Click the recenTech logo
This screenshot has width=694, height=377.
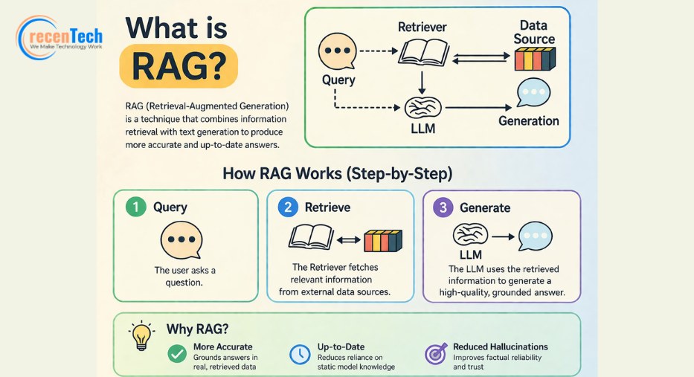coord(60,38)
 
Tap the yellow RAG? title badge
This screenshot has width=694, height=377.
coord(179,66)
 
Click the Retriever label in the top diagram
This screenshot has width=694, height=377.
coord(422,27)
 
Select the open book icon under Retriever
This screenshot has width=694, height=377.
coord(423,52)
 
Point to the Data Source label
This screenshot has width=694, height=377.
coord(534,32)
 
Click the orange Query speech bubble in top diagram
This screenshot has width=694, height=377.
coord(337,51)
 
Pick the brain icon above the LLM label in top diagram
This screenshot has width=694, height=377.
coord(422,108)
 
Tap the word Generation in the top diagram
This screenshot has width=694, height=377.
coord(528,120)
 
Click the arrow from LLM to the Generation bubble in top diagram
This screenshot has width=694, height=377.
coord(478,108)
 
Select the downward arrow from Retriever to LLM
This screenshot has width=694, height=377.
coord(422,83)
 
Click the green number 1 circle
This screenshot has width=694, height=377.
coord(136,207)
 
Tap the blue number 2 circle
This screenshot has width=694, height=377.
coord(288,207)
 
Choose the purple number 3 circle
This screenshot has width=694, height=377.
coord(443,207)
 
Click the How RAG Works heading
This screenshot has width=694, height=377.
coord(337,173)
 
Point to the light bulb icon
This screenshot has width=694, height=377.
coord(141,335)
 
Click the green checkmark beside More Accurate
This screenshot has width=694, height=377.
coord(177,353)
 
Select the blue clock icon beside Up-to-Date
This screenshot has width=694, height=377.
coord(300,355)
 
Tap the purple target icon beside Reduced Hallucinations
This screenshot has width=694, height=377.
coord(436,354)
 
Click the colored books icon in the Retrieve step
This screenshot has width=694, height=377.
coord(383,241)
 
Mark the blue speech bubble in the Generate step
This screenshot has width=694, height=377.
coord(535,236)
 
